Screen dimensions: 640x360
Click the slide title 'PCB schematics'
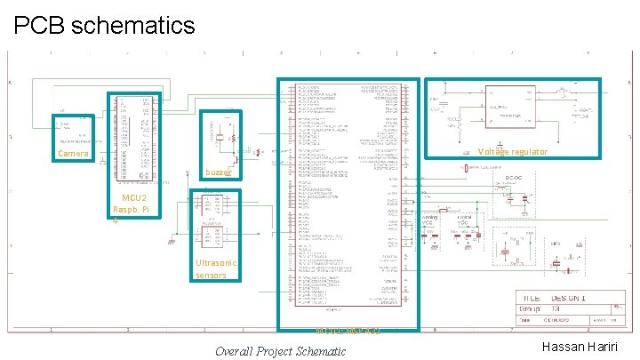pos(104,25)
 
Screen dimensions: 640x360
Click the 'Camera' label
pos(73,154)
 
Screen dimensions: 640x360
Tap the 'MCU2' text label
pos(134,198)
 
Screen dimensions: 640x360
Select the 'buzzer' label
pos(219,172)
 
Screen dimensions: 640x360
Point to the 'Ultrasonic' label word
pos(216,263)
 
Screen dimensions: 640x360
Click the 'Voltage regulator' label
pos(512,152)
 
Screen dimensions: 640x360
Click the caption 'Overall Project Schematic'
pos(280,351)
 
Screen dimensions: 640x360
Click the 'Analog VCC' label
pos(429,218)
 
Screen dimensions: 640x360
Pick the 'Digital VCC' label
pos(465,218)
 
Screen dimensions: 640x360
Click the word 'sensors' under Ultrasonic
pos(211,276)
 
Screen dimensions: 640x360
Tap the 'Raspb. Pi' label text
pos(130,211)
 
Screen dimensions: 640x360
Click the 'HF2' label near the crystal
pos(555,242)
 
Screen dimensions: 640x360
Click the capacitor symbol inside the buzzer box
pos(217,137)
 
